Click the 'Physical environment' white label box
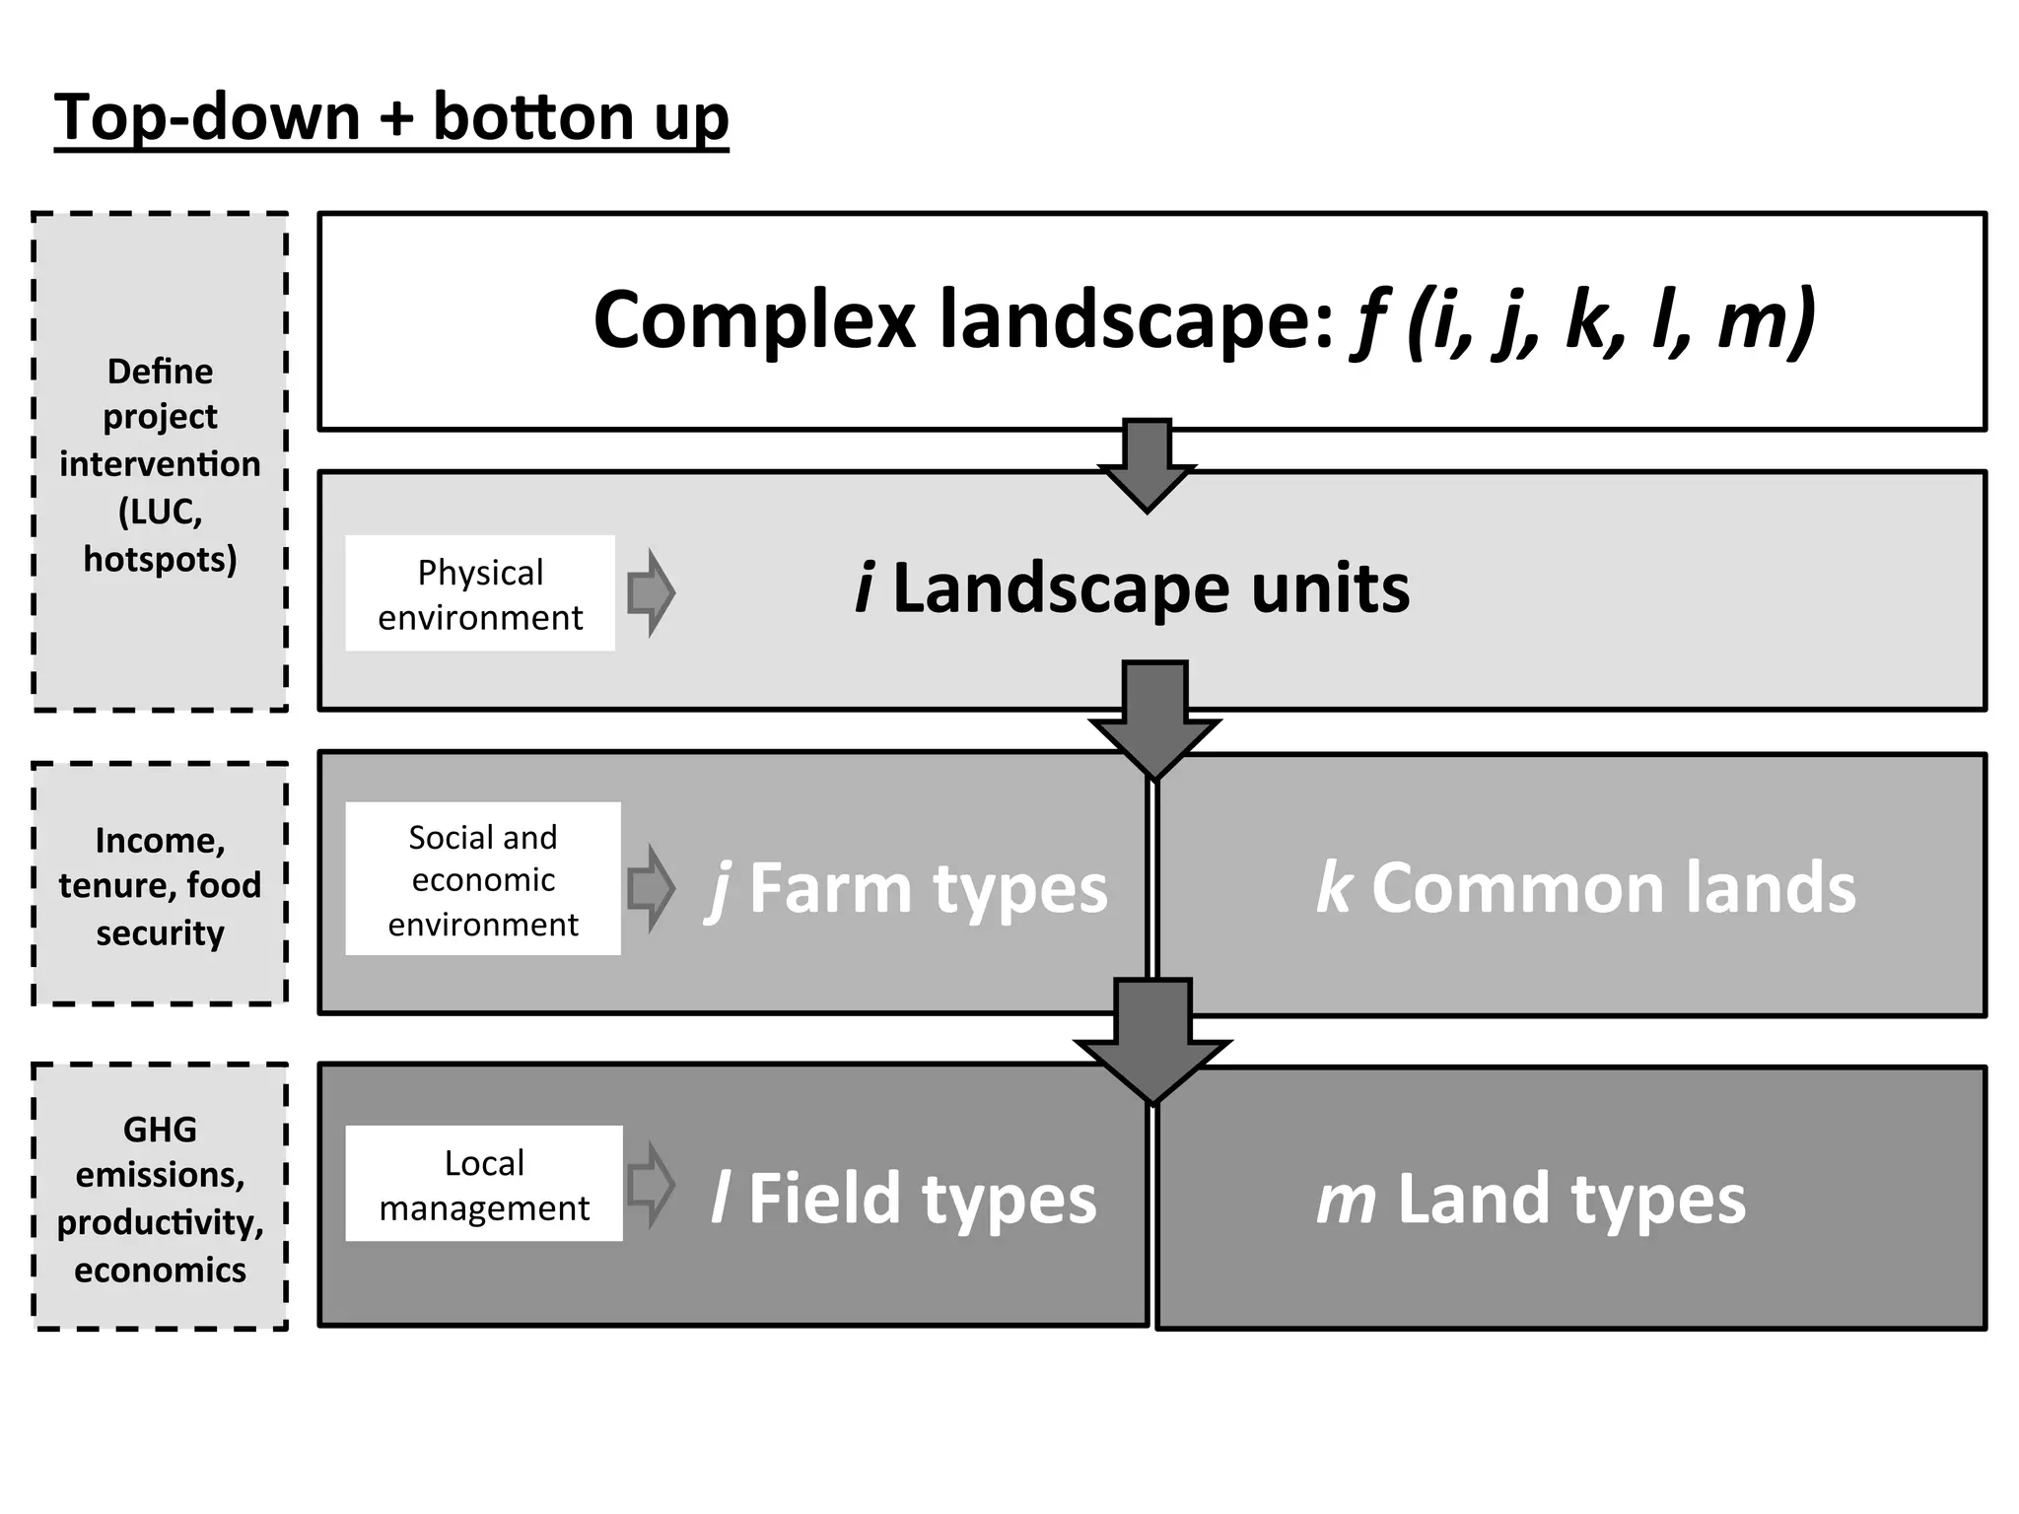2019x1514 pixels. (480, 593)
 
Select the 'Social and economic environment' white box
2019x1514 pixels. (483, 879)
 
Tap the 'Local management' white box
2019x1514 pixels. (484, 1184)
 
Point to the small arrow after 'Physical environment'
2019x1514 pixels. (651, 592)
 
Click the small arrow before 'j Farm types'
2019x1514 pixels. (651, 888)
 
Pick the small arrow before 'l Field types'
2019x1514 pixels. (651, 1184)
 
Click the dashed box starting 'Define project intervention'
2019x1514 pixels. (160, 462)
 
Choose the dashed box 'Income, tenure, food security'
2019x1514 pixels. (160, 885)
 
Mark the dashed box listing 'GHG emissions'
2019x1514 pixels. (160, 1198)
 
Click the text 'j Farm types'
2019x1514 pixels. (907, 889)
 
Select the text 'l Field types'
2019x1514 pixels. (903, 1199)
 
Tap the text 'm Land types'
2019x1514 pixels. (1530, 1199)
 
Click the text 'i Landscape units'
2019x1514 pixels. (1132, 588)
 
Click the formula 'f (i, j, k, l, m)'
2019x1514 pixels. (1581, 320)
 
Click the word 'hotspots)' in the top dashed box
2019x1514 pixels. (160, 559)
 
